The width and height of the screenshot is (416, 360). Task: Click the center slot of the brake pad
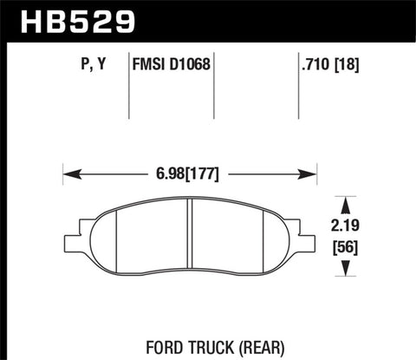pyautogui.click(x=191, y=237)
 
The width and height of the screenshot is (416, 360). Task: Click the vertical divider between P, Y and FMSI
pyautogui.click(x=128, y=87)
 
